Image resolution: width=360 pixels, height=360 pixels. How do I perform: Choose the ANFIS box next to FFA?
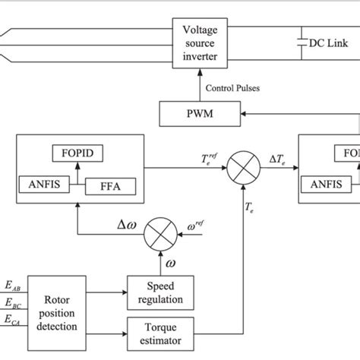(x=39, y=185)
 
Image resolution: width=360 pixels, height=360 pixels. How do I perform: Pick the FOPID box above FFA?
(x=79, y=153)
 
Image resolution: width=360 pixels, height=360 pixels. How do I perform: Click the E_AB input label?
(x=12, y=285)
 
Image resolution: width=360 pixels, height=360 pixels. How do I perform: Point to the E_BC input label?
(x=12, y=304)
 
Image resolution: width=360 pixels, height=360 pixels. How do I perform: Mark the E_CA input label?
(x=12, y=322)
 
